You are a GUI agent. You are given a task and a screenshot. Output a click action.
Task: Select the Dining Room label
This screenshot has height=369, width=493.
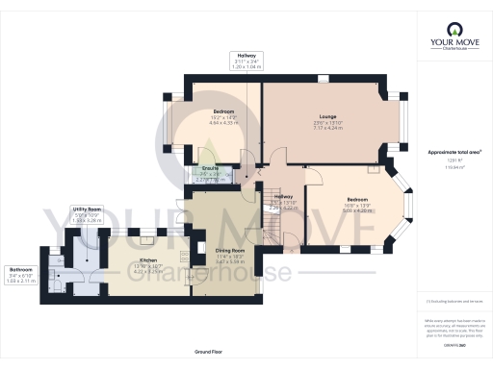[230, 251]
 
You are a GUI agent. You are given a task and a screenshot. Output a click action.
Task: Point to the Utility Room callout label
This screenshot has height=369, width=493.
[87, 208]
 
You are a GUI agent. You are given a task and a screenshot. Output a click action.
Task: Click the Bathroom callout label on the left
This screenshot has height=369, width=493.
[20, 268]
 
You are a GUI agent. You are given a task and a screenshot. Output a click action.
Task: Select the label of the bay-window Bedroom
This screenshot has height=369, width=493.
[357, 199]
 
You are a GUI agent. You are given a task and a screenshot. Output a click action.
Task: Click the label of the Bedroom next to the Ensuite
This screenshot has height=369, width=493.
[223, 111]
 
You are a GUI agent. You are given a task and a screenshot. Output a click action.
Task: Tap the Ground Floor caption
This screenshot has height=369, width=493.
[208, 354]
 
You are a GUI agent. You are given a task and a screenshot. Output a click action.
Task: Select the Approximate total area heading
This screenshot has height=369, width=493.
[454, 152]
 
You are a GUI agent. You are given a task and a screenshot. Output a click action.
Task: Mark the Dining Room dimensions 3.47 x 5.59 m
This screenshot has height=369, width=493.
[230, 262]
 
